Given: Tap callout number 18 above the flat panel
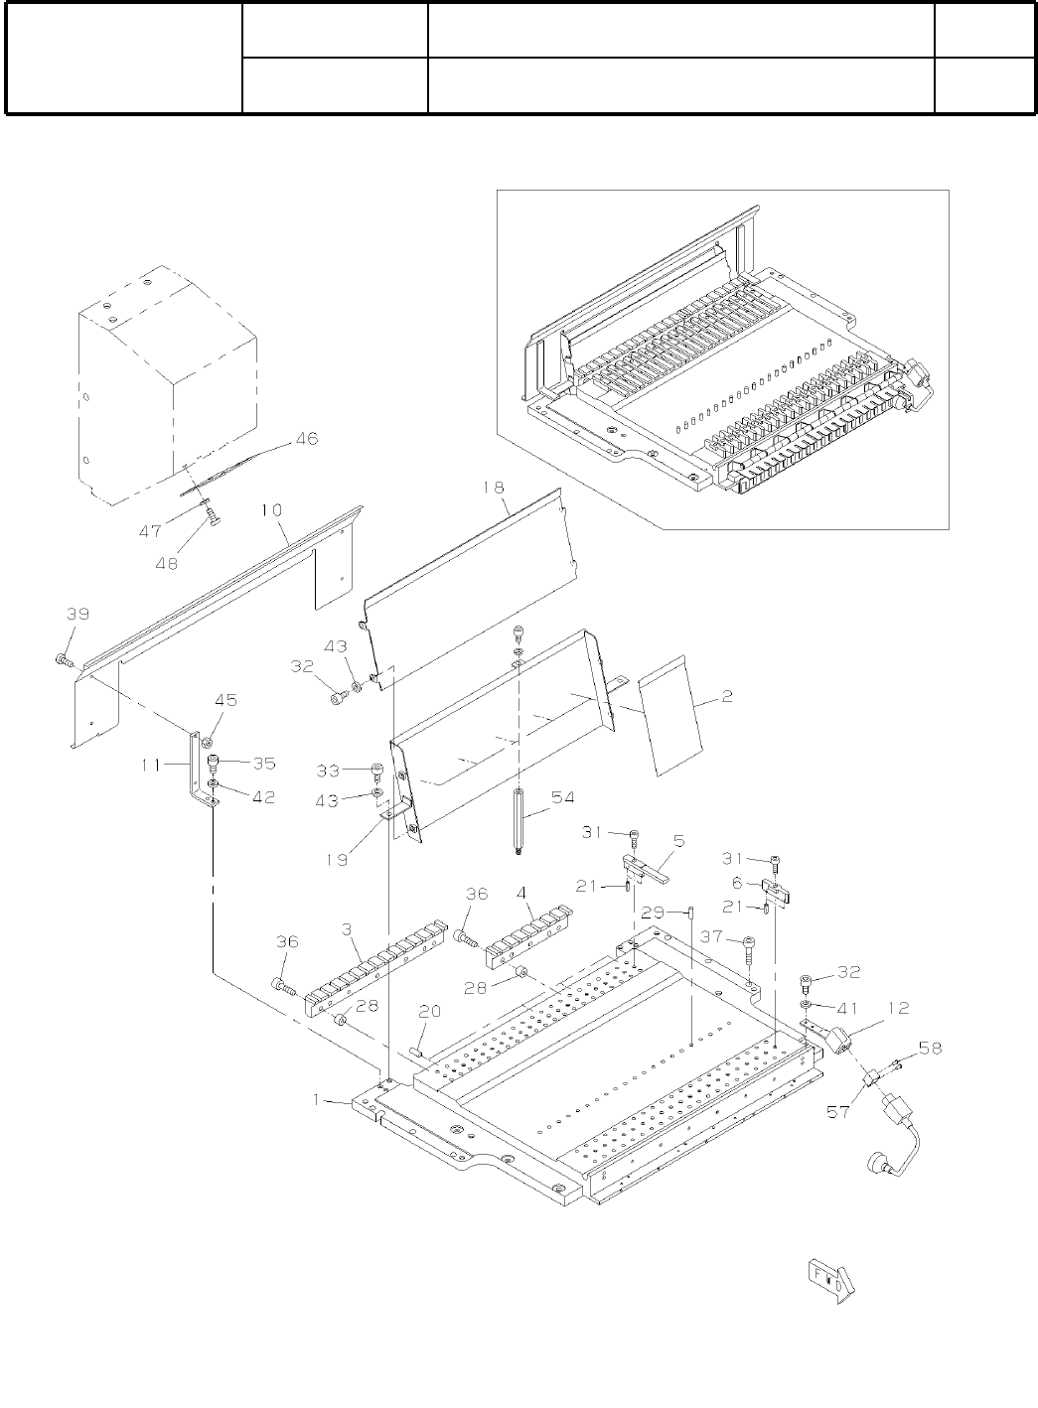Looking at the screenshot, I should (494, 488).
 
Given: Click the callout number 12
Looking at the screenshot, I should (898, 1009).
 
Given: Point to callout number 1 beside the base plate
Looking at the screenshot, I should (318, 1100).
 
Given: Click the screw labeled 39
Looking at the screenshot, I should (65, 659).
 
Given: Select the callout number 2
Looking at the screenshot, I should (727, 697).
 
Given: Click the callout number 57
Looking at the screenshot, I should (839, 1112).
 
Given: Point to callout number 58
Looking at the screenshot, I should (931, 1048).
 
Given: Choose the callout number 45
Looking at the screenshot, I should (225, 700).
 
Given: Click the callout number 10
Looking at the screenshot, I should (272, 510).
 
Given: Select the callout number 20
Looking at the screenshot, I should (430, 1012).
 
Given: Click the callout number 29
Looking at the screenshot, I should (652, 912).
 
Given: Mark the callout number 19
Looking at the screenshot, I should (338, 860).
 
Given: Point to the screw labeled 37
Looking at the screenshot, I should (750, 950).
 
